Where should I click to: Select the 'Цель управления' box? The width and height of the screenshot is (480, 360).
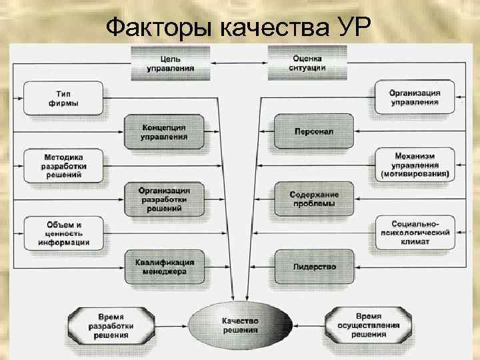[x=172, y=63]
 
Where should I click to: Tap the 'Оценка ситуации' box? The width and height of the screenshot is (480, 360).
[x=307, y=63]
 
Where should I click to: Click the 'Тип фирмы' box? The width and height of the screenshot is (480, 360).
[x=63, y=98]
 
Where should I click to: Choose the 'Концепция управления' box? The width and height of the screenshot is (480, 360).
[x=164, y=131]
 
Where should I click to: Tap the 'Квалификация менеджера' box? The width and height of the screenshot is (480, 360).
[x=164, y=267]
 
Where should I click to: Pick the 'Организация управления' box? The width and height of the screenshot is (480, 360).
[x=415, y=97]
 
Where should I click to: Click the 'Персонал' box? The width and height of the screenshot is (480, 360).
[x=314, y=131]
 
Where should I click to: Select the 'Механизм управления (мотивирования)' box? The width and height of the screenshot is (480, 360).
[x=415, y=165]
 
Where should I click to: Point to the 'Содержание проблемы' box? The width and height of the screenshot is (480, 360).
[x=314, y=199]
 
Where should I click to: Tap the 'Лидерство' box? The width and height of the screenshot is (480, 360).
[x=314, y=266]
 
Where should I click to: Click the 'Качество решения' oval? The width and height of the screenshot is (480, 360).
[x=240, y=326]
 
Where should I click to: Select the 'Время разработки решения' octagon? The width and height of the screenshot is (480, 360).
[x=111, y=326]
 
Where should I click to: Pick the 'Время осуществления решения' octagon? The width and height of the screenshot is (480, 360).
[x=369, y=325]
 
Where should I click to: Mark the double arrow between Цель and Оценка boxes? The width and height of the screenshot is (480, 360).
[x=239, y=63]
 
